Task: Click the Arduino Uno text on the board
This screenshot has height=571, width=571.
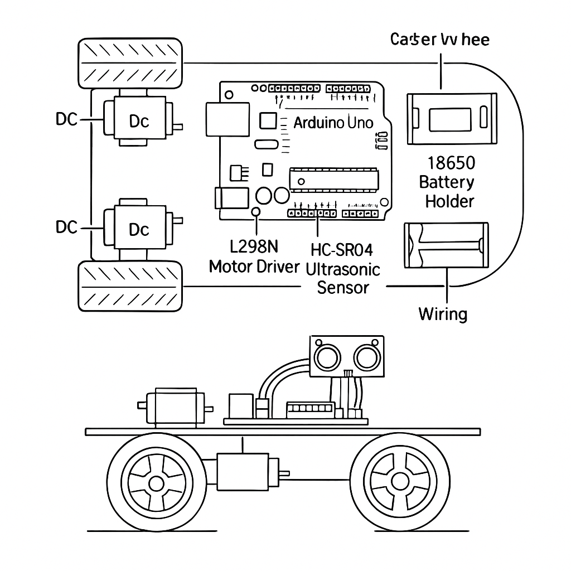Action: pyautogui.click(x=333, y=123)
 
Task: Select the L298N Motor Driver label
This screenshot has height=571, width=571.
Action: pyautogui.click(x=254, y=257)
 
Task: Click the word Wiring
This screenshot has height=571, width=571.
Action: pyautogui.click(x=443, y=314)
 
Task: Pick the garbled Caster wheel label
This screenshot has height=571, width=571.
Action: pyautogui.click(x=440, y=40)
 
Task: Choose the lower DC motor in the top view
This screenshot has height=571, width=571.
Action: pyautogui.click(x=139, y=229)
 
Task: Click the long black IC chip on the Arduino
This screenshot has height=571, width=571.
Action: pyautogui.click(x=333, y=180)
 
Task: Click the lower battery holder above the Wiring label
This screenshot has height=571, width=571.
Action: pyautogui.click(x=446, y=245)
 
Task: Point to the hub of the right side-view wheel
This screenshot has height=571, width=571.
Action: pyautogui.click(x=399, y=481)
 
